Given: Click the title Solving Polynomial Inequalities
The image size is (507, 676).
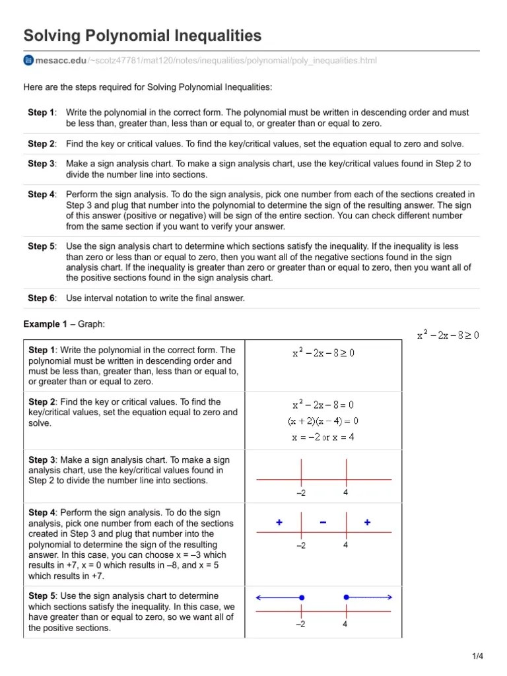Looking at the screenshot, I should (x=143, y=36).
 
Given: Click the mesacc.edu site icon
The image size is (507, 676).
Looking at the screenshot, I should (x=28, y=61).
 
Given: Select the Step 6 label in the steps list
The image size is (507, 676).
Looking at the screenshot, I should (x=42, y=298).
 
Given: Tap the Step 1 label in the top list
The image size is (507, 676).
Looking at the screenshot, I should (x=42, y=113).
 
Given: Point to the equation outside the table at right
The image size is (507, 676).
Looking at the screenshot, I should (x=448, y=335).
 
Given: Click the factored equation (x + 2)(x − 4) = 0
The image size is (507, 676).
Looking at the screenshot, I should (x=323, y=421).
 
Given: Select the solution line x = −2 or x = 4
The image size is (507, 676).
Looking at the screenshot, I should (x=323, y=436).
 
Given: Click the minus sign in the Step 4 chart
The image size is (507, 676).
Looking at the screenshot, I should (x=323, y=522).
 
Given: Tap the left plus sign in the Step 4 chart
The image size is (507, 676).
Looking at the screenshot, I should (x=279, y=522).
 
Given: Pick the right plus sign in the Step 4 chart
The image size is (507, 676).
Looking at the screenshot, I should (x=367, y=522).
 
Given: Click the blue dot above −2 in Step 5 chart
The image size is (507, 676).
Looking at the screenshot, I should (x=302, y=597).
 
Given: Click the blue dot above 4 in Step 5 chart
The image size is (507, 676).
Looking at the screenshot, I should (x=346, y=597).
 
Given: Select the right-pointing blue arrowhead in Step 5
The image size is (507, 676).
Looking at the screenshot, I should (x=389, y=597).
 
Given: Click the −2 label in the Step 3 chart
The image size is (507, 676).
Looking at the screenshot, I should (x=301, y=493).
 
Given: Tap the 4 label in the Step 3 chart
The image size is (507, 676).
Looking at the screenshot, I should (x=345, y=492).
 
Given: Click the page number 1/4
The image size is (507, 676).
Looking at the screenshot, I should (x=478, y=656).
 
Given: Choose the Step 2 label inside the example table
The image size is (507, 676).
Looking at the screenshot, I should (x=42, y=402).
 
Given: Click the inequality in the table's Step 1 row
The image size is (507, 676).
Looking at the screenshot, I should (x=323, y=353).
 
